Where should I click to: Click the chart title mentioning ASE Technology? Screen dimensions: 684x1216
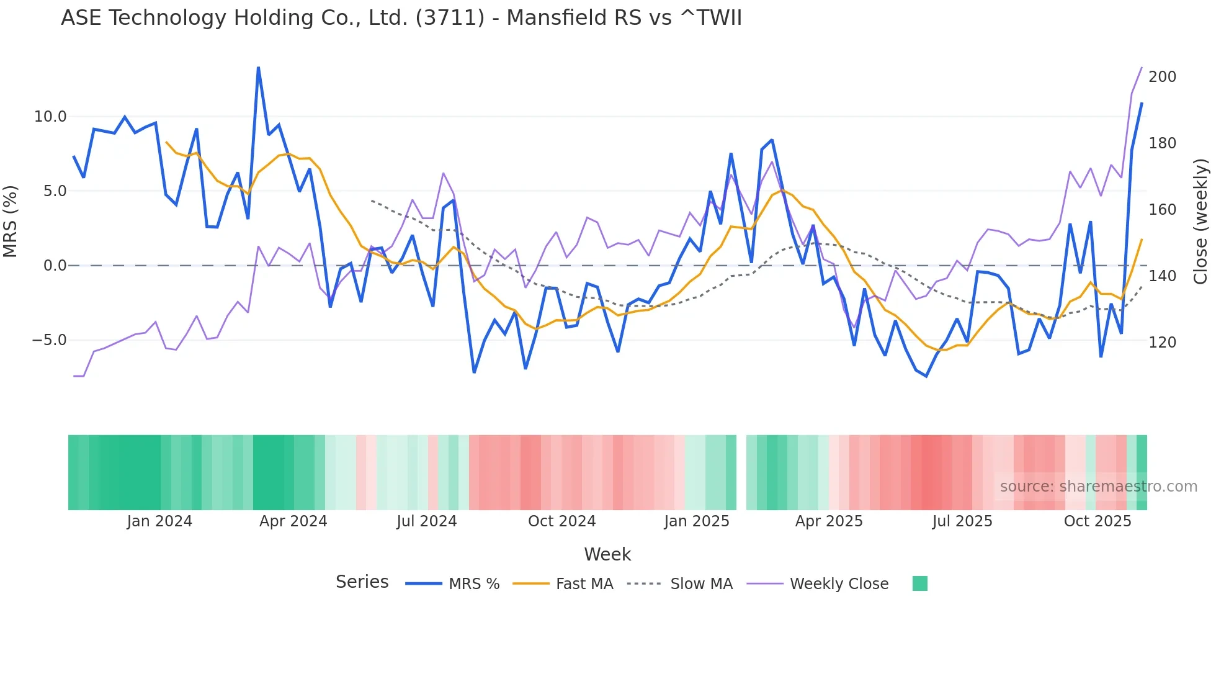click(x=401, y=18)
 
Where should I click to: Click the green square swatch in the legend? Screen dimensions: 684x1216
click(x=919, y=583)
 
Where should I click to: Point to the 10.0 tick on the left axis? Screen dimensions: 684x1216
click(x=50, y=117)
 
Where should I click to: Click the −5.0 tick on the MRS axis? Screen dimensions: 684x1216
click(x=49, y=340)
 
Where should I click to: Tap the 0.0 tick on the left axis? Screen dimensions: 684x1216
click(x=55, y=266)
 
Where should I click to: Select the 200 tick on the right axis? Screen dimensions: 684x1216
click(x=1162, y=77)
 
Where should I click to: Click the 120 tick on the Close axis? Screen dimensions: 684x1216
click(x=1162, y=343)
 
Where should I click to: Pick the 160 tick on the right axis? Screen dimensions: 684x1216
click(x=1162, y=210)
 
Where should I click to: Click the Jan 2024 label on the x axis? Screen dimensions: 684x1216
click(x=159, y=521)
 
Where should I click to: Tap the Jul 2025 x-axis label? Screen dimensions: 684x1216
click(x=962, y=521)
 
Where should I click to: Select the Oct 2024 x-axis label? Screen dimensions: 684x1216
click(x=561, y=521)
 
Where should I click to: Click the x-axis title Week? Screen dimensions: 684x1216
click(x=607, y=554)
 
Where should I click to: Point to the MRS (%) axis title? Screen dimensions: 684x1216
click(x=11, y=221)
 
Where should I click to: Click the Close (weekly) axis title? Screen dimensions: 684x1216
click(x=1200, y=221)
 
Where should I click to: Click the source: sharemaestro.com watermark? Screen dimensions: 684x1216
click(x=1098, y=487)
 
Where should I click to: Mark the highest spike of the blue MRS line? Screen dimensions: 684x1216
click(x=258, y=68)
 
